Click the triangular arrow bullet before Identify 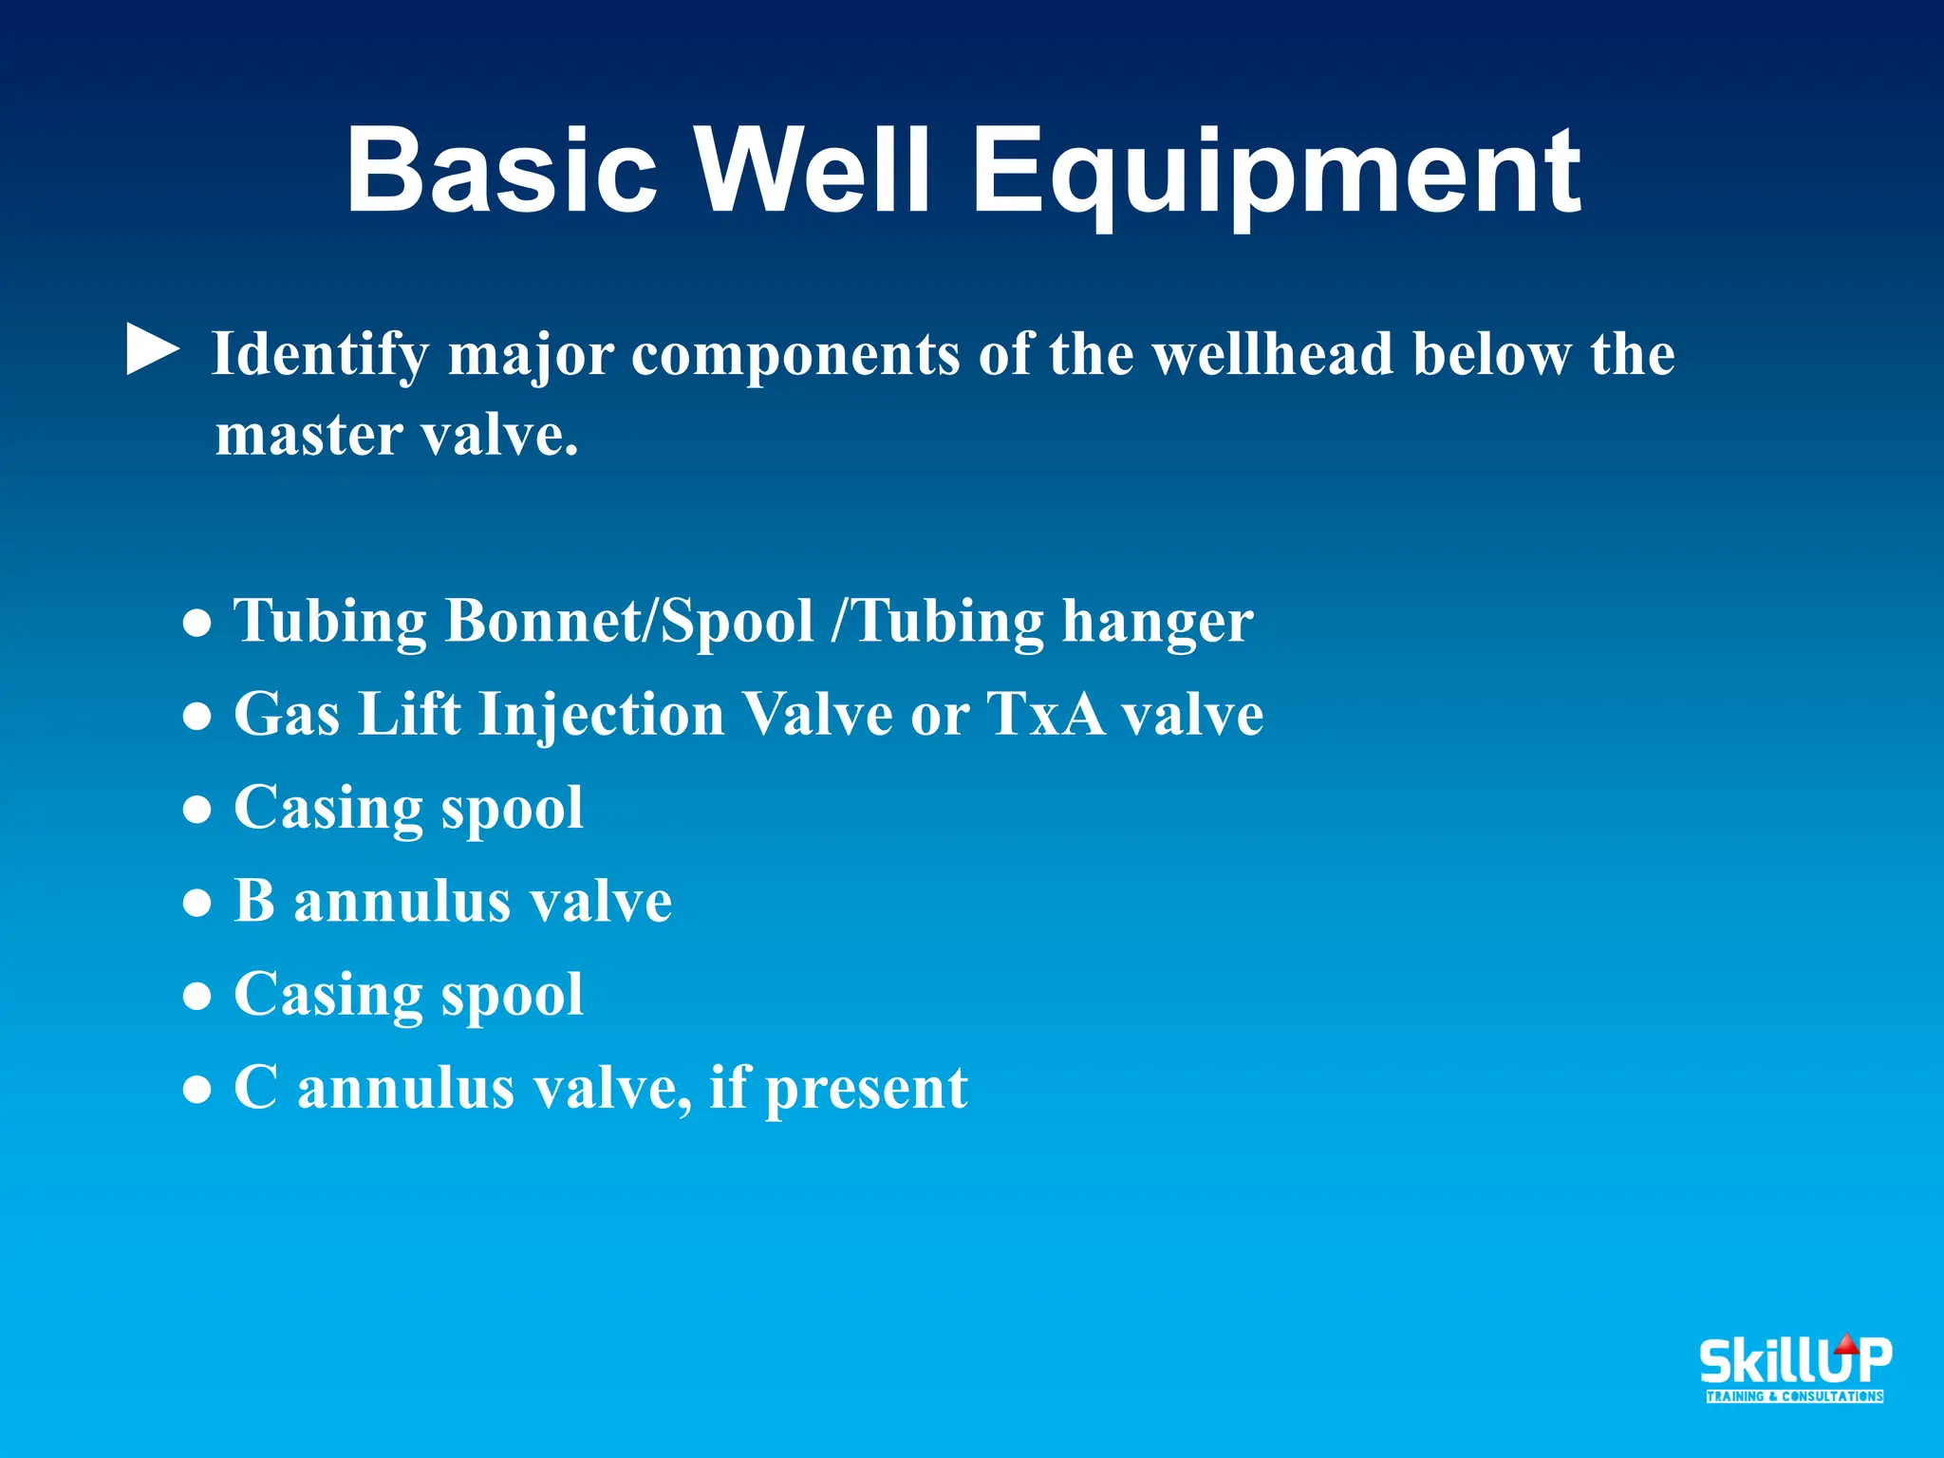(x=152, y=350)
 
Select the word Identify (x=320, y=356)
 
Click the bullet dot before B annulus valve (x=196, y=903)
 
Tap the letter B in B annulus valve (x=253, y=900)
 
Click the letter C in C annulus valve (x=255, y=1087)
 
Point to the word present (x=866, y=1089)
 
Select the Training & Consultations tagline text (x=1794, y=1396)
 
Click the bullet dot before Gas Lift (x=196, y=716)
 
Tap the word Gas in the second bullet (x=287, y=714)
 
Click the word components (x=795, y=354)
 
